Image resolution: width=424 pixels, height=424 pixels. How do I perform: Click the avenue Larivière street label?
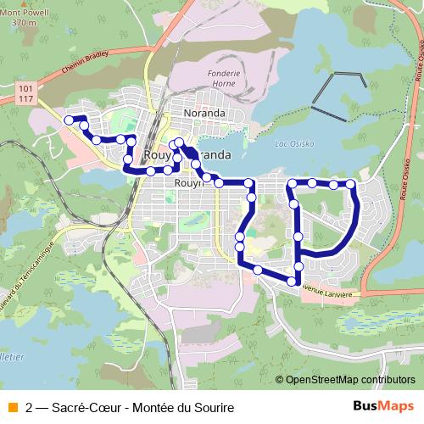(327, 289)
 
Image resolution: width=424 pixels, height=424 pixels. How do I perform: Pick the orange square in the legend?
(11, 408)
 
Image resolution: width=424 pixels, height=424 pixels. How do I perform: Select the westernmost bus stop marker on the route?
(70, 120)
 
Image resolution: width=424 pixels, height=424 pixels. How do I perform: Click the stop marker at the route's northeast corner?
(351, 184)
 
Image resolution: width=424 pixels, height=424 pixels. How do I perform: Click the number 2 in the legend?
(31, 408)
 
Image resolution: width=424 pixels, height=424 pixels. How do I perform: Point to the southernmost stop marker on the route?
(292, 281)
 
